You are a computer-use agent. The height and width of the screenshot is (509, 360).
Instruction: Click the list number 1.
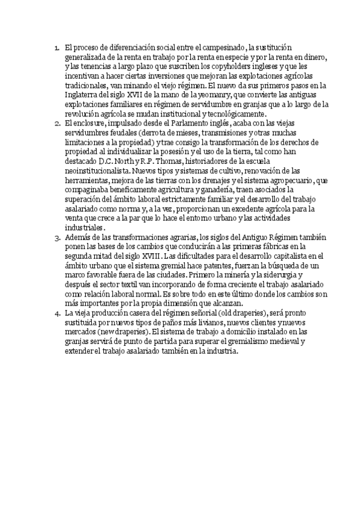point(56,47)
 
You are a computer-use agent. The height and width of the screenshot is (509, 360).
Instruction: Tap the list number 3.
point(56,220)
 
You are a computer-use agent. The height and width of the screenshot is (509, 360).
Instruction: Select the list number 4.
point(56,313)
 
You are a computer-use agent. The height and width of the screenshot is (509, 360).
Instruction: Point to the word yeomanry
point(218,95)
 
